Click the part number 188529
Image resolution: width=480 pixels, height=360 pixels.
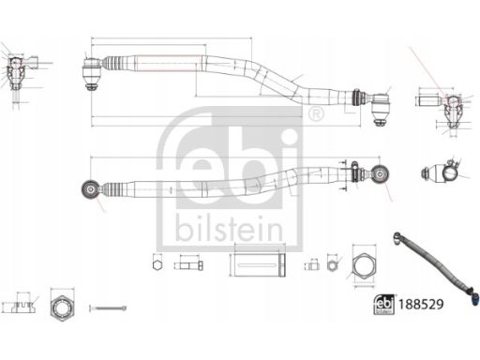pos(421,304)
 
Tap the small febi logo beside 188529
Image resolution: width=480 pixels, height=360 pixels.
pos(384,305)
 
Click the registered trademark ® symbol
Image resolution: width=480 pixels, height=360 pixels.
pos(316,114)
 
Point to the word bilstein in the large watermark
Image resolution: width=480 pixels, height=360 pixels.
pos(229,229)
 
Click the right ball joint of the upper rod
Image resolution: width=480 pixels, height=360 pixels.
pos(381,110)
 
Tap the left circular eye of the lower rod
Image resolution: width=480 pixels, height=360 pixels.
pos(91,189)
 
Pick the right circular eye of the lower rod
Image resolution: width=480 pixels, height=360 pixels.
pos(380,173)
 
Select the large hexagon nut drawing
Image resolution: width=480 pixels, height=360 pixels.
pos(364,266)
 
